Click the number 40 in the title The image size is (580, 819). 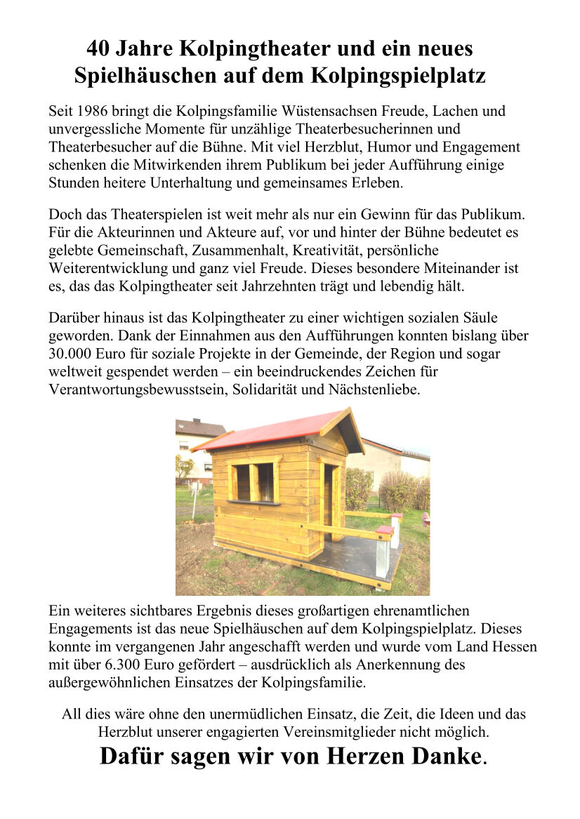point(98,48)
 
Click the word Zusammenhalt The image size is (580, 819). point(219,251)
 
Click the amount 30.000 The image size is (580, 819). point(74,354)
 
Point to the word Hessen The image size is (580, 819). point(514,646)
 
